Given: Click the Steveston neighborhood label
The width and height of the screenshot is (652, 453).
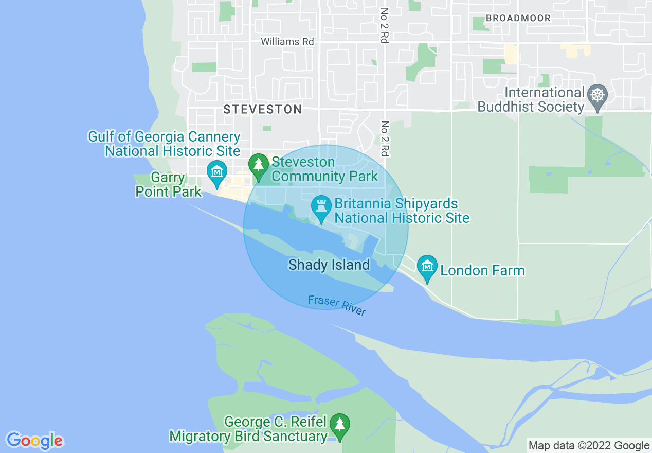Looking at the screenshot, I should pos(262,109).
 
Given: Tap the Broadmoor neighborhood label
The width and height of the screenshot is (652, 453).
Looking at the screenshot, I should pos(518,18).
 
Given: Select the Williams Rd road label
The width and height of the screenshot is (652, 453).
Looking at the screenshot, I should pos(287,41).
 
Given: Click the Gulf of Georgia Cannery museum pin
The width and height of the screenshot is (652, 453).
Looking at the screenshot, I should pos(216,172).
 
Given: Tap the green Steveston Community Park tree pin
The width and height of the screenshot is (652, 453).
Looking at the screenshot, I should pos(258,165).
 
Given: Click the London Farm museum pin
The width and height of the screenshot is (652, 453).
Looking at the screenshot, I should pos(427,267).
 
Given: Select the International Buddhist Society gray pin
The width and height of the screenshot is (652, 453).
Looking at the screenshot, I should pos(597,96).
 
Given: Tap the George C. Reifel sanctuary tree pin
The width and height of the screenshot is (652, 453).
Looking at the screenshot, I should pos(339,425).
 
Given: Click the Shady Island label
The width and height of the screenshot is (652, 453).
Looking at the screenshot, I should pos(329,265).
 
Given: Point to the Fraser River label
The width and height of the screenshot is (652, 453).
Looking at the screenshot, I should pos(337,305).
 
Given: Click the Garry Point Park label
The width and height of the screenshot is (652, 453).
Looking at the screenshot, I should pos(168,185).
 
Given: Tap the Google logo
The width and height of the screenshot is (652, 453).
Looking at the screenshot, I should pos(34,441).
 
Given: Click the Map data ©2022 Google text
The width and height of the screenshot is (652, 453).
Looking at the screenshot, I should pos(589,445).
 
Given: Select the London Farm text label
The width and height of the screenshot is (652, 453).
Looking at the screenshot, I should pos(482,270).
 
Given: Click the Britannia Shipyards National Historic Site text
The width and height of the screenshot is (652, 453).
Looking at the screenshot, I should pos(402,211).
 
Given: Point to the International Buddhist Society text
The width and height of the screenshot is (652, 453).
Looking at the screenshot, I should pos(531,100).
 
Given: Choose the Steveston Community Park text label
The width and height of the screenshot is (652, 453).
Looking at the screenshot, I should pos(324,169).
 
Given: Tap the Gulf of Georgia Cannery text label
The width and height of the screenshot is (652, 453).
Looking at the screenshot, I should pos(164,144).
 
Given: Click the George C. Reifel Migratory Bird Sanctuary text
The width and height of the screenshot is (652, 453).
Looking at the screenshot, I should pos(248,429).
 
